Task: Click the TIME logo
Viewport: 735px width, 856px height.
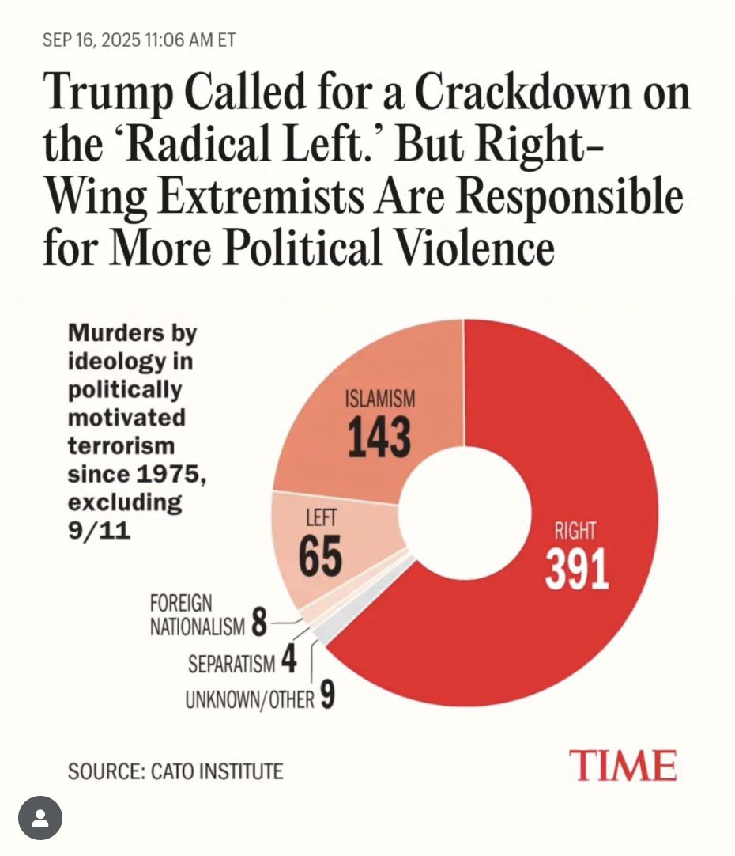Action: click(624, 766)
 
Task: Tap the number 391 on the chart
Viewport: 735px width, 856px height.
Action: click(577, 570)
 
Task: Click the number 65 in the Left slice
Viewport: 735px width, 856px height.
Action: click(320, 556)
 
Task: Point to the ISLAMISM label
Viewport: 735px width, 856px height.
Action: click(380, 400)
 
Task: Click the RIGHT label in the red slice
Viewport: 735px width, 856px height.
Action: click(575, 531)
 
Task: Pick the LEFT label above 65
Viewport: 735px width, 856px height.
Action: click(320, 520)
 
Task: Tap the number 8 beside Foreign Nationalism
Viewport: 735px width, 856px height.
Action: click(258, 627)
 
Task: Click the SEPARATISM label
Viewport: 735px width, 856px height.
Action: click(232, 664)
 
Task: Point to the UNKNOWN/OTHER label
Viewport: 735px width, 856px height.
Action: click(250, 700)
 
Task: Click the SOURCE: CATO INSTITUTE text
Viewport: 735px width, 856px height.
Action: click(175, 771)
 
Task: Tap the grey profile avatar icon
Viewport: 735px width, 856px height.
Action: click(40, 816)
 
